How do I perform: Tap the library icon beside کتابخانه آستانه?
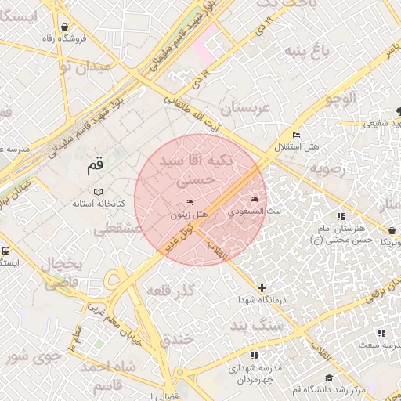pos(97,192)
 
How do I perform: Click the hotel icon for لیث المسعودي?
pos(253,200)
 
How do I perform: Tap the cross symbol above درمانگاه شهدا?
pos(262,288)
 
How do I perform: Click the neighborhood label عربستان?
pos(249,108)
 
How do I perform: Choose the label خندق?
pos(176,341)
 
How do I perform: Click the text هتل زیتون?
pos(189,215)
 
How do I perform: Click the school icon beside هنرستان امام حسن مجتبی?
pos(341,215)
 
